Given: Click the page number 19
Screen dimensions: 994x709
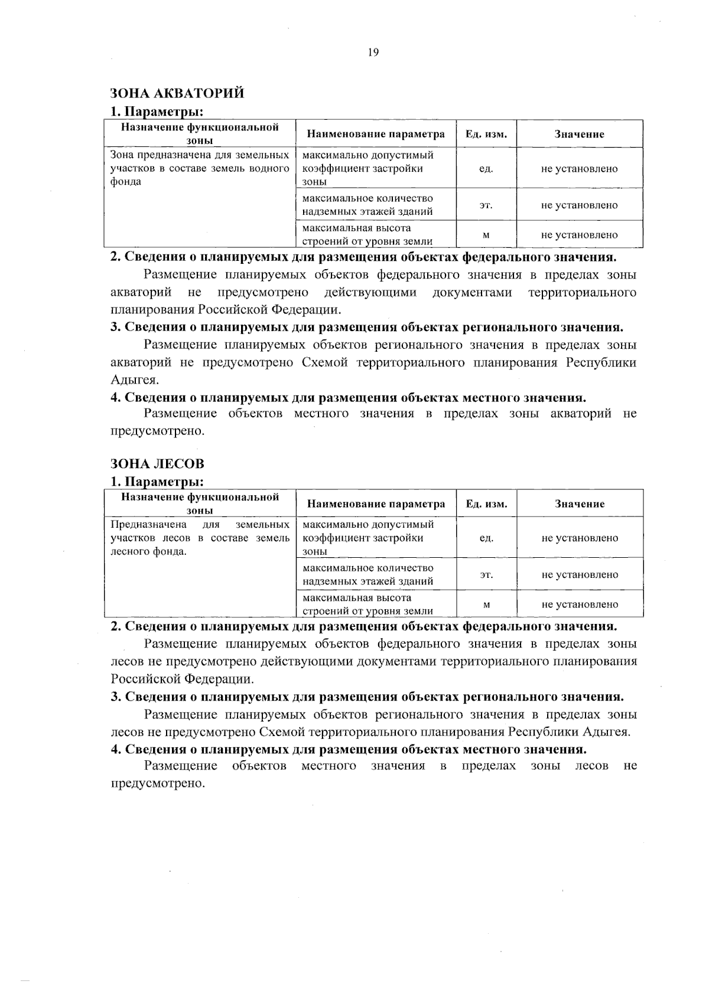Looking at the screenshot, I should pyautogui.click(x=373, y=52).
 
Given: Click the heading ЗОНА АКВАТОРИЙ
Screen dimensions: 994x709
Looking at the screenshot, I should pyautogui.click(x=177, y=93).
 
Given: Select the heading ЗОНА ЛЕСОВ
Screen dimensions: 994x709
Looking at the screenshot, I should pyautogui.click(x=157, y=463).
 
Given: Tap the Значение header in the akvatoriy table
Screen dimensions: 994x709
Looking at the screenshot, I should pyautogui.click(x=579, y=134).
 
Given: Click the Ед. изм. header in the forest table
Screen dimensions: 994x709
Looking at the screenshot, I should pyautogui.click(x=486, y=504).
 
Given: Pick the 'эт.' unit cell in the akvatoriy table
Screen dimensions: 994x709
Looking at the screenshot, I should pyautogui.click(x=486, y=205).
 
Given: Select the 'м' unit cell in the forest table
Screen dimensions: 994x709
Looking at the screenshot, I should pyautogui.click(x=486, y=604).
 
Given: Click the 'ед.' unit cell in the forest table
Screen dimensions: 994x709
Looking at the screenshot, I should pyautogui.click(x=486, y=538).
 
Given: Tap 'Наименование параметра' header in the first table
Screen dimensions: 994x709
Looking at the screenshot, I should pyautogui.click(x=376, y=134).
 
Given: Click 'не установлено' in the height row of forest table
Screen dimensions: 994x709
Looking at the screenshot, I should pyautogui.click(x=579, y=604).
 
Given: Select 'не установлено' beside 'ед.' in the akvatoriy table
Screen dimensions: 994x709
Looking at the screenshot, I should pyautogui.click(x=579, y=168).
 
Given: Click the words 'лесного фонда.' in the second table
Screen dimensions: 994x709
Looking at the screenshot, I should pyautogui.click(x=148, y=552).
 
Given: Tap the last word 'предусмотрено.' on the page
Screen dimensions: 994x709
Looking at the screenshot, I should pyautogui.click(x=157, y=783).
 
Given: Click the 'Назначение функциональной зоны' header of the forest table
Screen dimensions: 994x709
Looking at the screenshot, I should pyautogui.click(x=200, y=503).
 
